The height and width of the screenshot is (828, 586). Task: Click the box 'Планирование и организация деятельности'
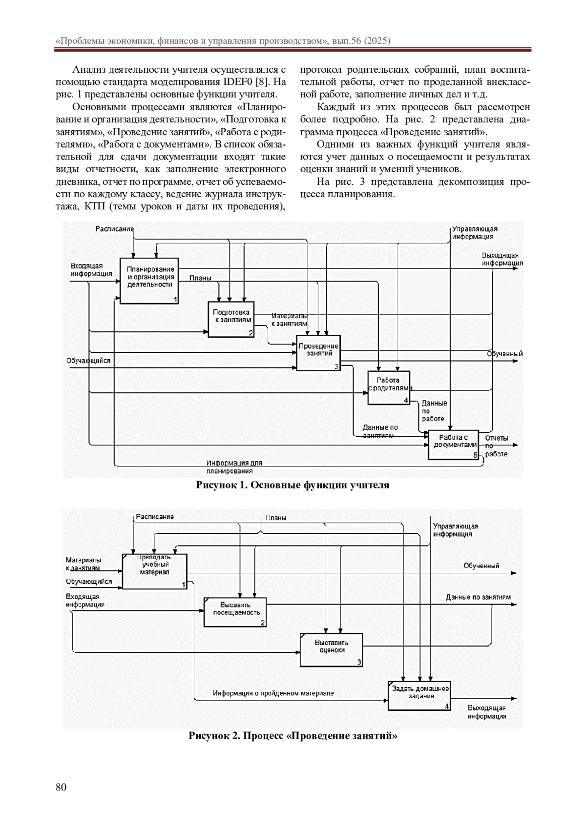149,280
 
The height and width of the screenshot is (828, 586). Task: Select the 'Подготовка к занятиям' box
231,319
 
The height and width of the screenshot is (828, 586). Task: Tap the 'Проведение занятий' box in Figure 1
318,352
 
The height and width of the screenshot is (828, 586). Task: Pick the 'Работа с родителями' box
389,387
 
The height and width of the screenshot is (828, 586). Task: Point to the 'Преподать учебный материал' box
154,571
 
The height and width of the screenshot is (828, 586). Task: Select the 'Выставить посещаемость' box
236,612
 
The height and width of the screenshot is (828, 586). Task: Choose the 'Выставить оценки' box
331,649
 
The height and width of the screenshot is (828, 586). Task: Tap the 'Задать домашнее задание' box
419,695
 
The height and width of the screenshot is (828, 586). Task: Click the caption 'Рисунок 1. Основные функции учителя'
293,485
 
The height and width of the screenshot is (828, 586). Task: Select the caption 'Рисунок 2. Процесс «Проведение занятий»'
293,736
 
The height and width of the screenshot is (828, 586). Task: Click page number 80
61,787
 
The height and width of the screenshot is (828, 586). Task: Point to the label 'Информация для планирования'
234,467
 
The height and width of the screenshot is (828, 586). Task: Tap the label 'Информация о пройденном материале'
273,693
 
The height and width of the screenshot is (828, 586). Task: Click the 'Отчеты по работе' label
496,446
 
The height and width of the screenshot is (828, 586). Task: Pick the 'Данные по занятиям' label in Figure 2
478,597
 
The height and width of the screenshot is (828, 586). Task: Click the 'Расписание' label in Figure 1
114,228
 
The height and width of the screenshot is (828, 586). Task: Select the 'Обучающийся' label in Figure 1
88,361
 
